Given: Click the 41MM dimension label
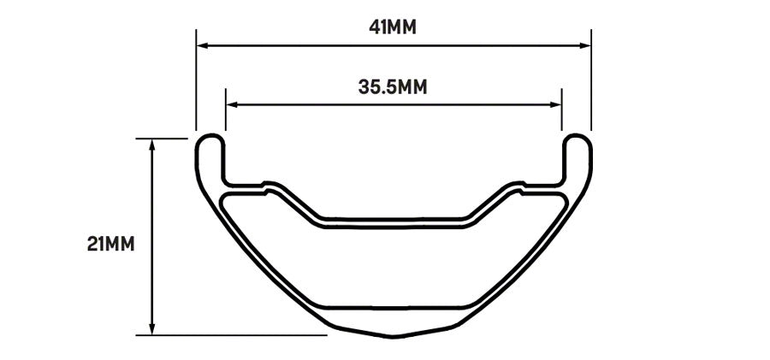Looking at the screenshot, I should [393, 27].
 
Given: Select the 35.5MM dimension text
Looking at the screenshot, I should [393, 86].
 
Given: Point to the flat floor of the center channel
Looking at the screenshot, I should [393, 220].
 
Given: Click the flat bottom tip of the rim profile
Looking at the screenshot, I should [393, 334].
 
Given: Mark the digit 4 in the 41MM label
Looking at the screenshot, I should [375, 27].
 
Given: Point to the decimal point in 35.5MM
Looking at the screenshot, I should [386, 92].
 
